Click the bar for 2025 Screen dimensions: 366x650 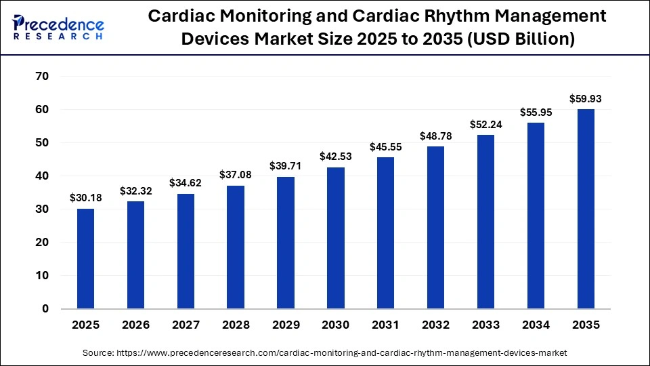[86, 258]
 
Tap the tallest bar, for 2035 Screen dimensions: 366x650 [586, 209]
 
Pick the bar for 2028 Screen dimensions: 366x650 [236, 247]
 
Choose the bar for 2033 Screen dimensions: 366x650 [485, 222]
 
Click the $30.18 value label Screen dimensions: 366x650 [86, 197]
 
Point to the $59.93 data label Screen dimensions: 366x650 [586, 98]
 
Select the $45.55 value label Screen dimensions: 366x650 [385, 146]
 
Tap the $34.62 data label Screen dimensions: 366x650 [186, 182]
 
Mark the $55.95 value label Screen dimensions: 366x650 [536, 112]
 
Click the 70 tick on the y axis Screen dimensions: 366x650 [41, 77]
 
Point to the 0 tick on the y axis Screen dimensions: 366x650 [45, 309]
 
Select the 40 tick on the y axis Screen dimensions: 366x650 [41, 176]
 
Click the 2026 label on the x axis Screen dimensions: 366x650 [135, 325]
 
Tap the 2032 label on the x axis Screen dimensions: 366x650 [435, 325]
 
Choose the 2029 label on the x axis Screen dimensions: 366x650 [286, 325]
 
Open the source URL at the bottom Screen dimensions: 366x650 [325, 352]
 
